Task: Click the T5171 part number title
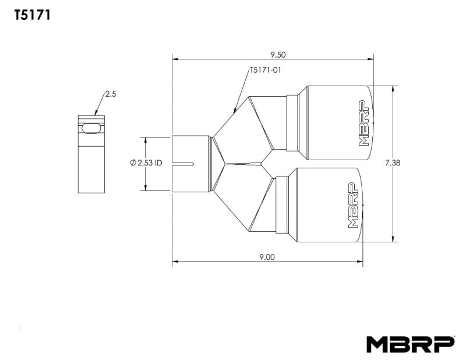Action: pyautogui.click(x=32, y=16)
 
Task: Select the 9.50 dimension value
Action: pyautogui.click(x=278, y=55)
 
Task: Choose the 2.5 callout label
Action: pyautogui.click(x=111, y=93)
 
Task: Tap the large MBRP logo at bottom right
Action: pyautogui.click(x=410, y=344)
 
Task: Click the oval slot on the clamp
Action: pyautogui.click(x=90, y=128)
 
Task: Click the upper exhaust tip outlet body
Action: pyautogui.click(x=332, y=122)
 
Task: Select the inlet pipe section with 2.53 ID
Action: pyautogui.click(x=191, y=164)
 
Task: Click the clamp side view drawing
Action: pyautogui.click(x=91, y=154)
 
